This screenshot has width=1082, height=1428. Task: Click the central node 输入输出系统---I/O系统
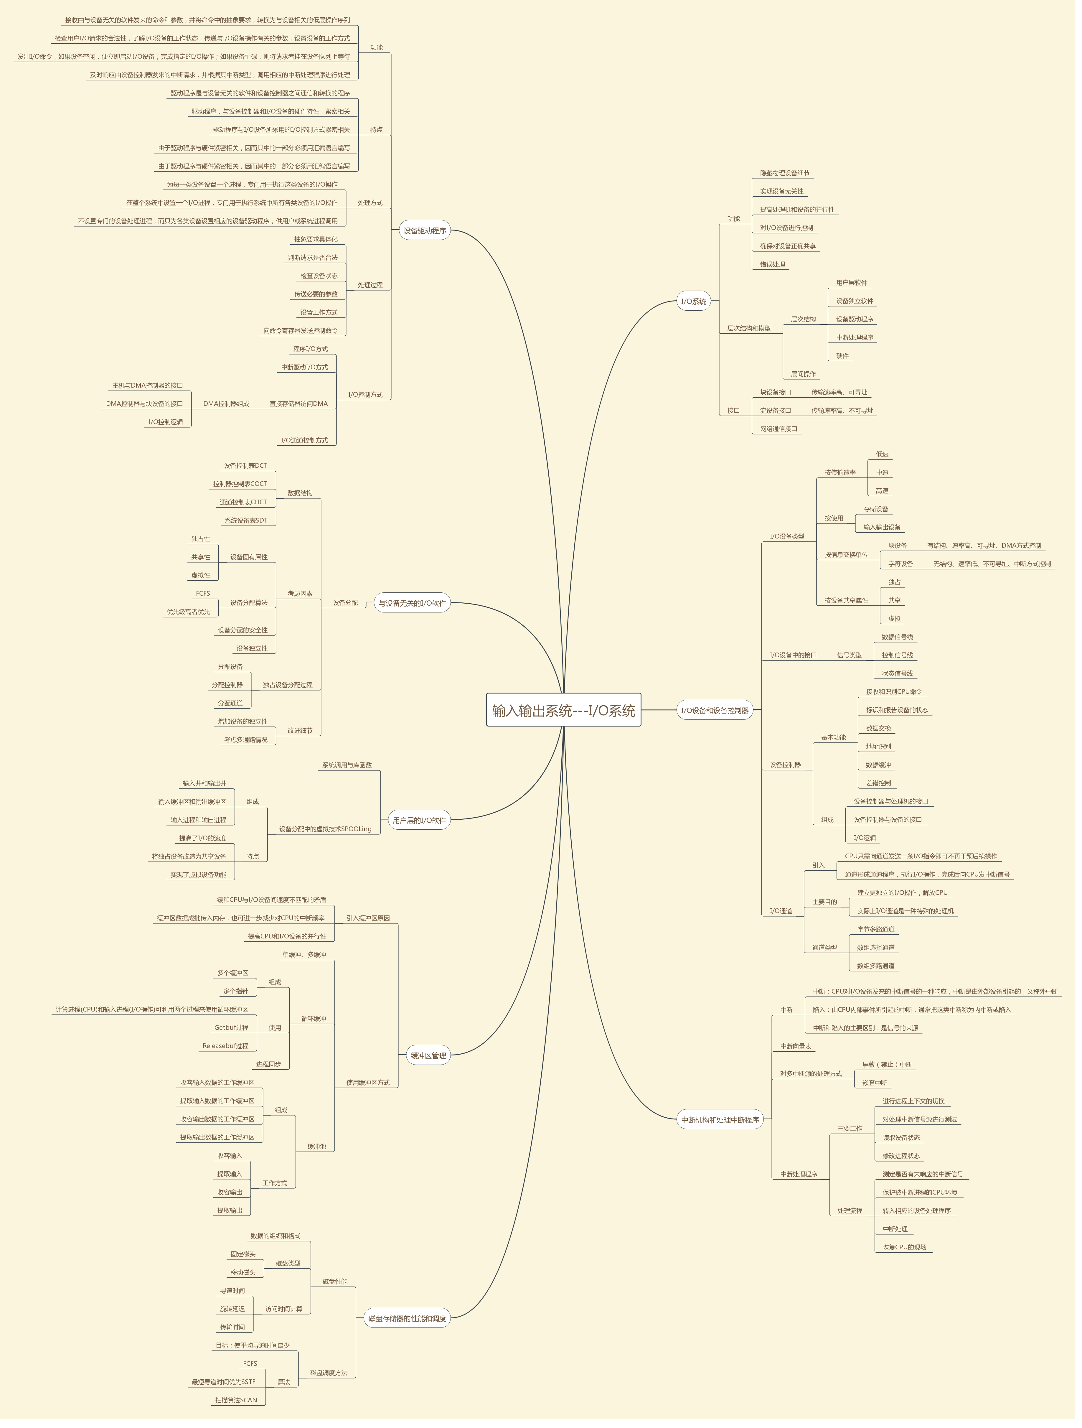click(x=563, y=710)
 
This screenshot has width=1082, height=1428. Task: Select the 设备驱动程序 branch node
click(x=424, y=230)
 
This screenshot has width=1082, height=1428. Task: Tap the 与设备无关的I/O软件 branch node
click(x=412, y=603)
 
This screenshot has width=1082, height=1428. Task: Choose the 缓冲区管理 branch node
click(x=428, y=1055)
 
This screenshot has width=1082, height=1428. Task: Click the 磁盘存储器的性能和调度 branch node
click(x=407, y=1318)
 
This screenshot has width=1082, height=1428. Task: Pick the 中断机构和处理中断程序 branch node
click(x=720, y=1119)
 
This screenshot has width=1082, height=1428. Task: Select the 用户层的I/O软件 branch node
click(x=419, y=821)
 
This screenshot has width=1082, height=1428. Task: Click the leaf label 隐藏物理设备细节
click(x=784, y=173)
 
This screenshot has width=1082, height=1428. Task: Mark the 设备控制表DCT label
click(x=245, y=465)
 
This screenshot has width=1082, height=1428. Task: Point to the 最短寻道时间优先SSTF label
click(x=223, y=1381)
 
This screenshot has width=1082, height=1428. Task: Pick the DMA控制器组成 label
click(x=226, y=403)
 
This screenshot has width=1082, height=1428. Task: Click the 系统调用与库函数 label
click(x=347, y=765)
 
